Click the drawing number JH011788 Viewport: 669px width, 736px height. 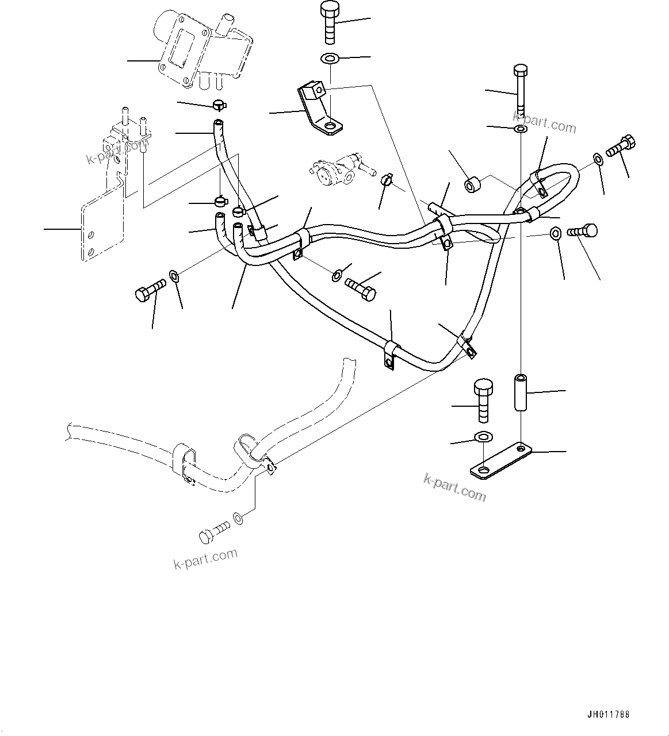click(609, 715)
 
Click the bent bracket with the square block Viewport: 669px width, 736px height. click(318, 109)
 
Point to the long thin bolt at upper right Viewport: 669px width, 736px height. click(519, 89)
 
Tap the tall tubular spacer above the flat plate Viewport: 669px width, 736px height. click(521, 392)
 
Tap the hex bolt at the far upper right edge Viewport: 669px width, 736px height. click(620, 145)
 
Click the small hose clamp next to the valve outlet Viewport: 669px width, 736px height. click(387, 180)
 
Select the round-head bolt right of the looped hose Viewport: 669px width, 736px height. click(583, 232)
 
